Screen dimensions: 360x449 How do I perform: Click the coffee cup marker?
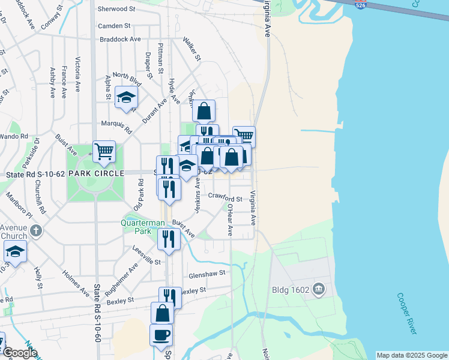pos(161,335)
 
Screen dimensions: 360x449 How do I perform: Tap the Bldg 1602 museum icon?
pos(319,289)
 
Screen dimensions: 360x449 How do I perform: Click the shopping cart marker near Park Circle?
pos(104,151)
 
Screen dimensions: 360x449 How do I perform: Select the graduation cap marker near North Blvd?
pos(126,97)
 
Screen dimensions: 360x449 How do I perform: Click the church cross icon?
pos(35,230)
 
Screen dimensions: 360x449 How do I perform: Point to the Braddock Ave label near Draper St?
pos(120,39)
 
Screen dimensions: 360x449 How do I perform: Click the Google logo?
pos(19,352)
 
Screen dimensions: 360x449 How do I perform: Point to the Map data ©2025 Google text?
pos(411,355)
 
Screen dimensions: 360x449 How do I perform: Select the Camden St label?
pos(114,26)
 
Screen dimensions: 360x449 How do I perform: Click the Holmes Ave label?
pos(76,281)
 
